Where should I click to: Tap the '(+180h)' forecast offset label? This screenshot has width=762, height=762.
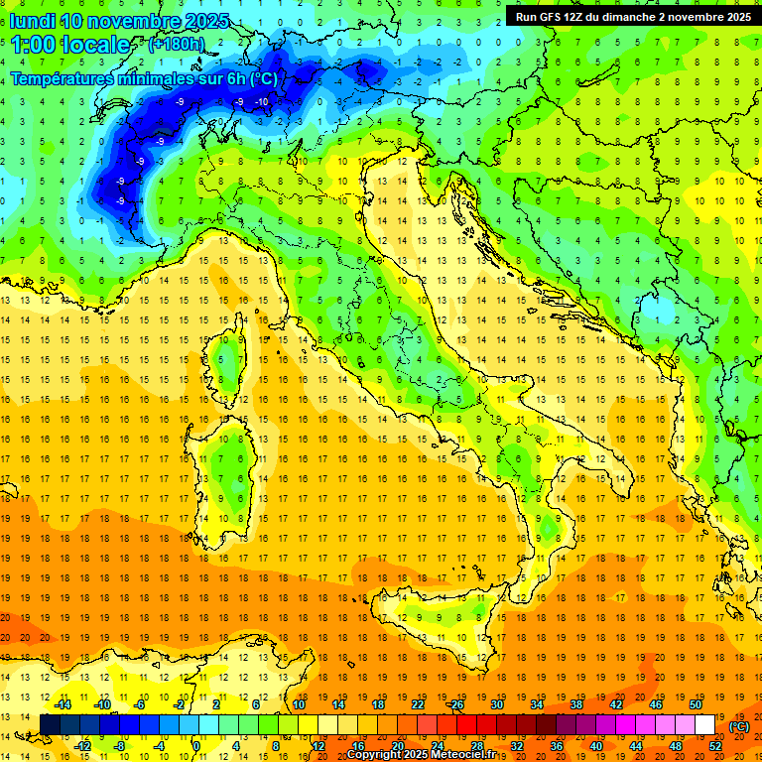click(177, 44)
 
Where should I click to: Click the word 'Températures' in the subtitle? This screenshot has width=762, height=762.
click(60, 78)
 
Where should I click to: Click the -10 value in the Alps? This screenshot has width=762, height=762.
click(262, 102)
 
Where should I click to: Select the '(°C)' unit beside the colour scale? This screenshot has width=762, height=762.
click(739, 726)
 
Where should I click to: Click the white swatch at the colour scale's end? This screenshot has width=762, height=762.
click(704, 724)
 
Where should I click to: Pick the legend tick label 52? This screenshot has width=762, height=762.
click(715, 746)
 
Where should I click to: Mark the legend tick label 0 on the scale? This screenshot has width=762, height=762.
click(196, 746)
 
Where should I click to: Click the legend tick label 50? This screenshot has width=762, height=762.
click(696, 704)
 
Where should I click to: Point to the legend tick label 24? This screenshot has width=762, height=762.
click(437, 746)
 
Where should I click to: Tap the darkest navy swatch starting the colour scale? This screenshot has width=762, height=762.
click(50, 724)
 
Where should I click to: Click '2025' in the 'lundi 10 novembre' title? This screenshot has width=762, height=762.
click(205, 21)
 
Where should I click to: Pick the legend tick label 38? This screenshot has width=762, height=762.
click(575, 704)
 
